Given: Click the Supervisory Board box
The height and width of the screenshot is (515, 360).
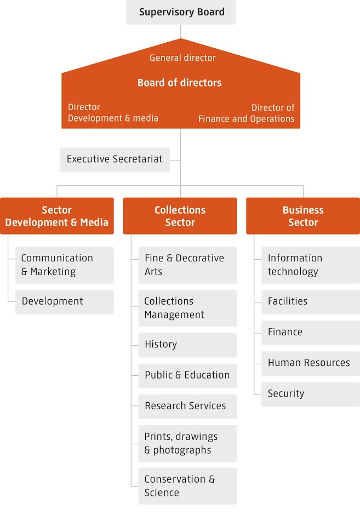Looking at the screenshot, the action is (181, 12).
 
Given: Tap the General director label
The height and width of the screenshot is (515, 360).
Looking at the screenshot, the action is (182, 58).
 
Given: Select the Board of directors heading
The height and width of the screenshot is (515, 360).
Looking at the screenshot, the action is (180, 83).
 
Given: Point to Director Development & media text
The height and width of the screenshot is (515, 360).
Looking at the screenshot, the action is (113, 113).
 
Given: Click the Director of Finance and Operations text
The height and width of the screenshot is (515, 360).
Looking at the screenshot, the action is (247, 113).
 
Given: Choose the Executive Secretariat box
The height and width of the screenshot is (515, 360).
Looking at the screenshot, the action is (115, 159).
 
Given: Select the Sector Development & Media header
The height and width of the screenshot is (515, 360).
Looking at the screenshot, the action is (57, 216).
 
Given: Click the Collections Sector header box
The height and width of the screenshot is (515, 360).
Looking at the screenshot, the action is (180, 216).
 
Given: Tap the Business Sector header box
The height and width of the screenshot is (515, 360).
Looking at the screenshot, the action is (303, 216).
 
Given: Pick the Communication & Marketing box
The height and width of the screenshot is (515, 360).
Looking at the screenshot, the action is (64, 265).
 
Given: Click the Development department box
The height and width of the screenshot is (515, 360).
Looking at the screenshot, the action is (64, 301).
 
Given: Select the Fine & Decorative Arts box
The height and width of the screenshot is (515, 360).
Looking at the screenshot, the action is (187, 265).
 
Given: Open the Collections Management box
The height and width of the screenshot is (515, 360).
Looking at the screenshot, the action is (187, 308).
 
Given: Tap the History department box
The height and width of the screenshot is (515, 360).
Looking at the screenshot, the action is (187, 345).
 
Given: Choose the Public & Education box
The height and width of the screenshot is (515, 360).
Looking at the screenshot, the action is (187, 375).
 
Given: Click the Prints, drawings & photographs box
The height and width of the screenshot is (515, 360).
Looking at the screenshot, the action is (187, 443).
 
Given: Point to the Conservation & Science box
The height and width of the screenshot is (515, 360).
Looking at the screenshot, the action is (187, 486).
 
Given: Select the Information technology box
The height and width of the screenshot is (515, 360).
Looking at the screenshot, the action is (310, 265).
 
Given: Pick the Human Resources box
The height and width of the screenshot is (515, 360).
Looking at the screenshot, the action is (310, 363).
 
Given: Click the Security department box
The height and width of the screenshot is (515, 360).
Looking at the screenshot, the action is (310, 393).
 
